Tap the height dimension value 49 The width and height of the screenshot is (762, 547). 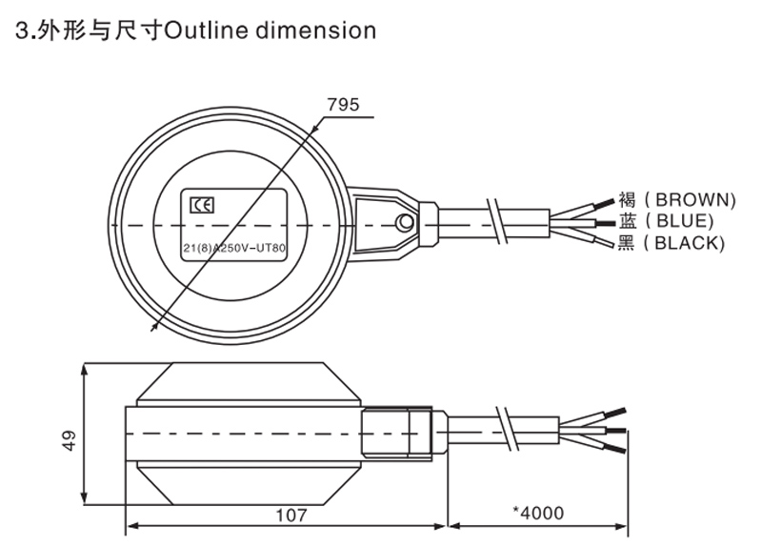[x=68, y=441]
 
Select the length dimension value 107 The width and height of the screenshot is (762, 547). [x=291, y=515]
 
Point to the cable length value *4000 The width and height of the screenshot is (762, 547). [x=538, y=514]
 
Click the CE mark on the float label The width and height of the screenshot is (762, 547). [x=202, y=204]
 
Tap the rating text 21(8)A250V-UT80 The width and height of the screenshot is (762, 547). [x=234, y=250]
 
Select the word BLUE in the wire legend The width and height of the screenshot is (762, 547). [x=685, y=221]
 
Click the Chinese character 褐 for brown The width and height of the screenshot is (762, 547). [x=626, y=200]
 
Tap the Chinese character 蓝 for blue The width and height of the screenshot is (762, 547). [x=626, y=221]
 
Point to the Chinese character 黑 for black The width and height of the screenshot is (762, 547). [x=626, y=243]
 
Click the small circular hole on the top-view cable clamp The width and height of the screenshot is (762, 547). [x=405, y=224]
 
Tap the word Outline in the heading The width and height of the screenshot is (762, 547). [x=197, y=30]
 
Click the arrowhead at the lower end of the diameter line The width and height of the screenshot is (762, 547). [x=155, y=326]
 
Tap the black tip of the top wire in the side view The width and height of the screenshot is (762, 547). [x=618, y=413]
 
